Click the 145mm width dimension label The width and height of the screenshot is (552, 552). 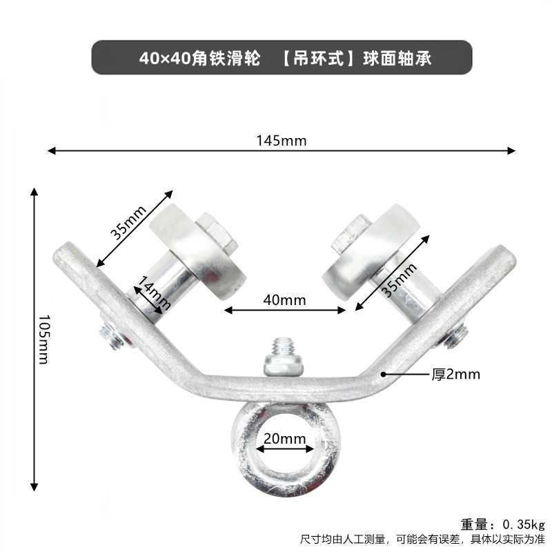[281, 141]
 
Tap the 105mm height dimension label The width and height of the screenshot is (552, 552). [43, 339]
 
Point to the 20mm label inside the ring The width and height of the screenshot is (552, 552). [284, 439]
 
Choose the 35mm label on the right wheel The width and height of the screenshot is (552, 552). [400, 279]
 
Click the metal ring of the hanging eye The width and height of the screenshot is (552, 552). [285, 470]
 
